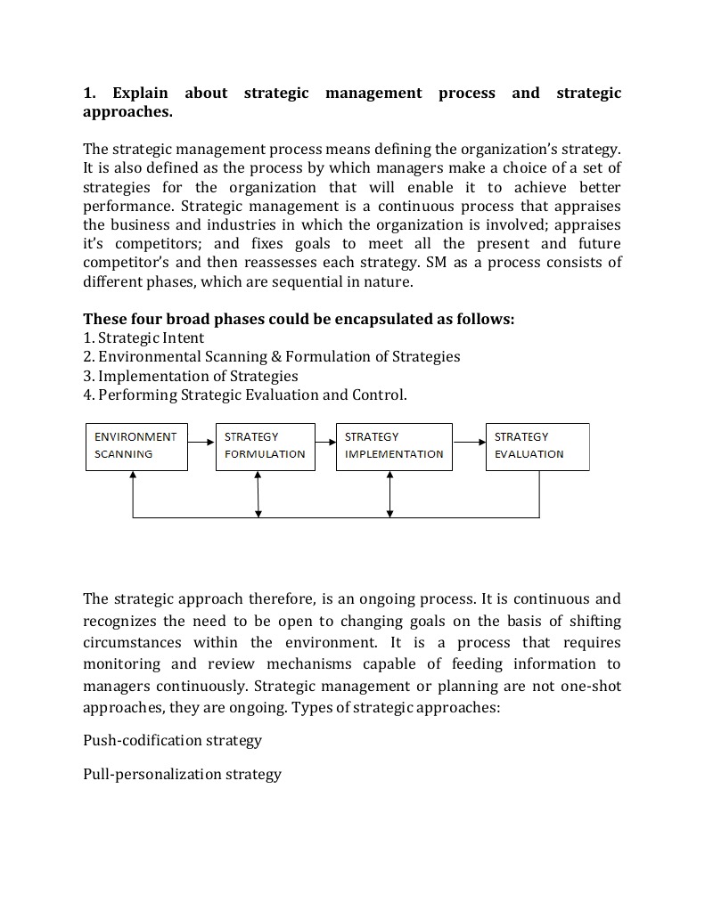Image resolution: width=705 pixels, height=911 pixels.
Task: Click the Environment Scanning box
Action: (x=136, y=446)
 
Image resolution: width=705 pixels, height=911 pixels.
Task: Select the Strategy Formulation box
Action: (x=265, y=446)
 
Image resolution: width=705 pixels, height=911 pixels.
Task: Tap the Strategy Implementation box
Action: (x=394, y=446)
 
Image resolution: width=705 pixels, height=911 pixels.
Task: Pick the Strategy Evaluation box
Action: (x=537, y=446)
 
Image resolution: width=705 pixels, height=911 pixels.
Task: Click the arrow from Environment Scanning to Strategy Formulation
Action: (x=202, y=440)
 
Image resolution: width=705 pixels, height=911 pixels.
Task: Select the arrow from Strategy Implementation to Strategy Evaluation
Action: (x=469, y=440)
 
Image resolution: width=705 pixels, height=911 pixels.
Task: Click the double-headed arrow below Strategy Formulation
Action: (x=258, y=493)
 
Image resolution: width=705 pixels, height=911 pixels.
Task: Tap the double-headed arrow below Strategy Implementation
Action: (x=390, y=493)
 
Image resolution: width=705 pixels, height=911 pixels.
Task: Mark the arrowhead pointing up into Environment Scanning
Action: (x=133, y=476)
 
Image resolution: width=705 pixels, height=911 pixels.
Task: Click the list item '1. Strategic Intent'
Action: (x=143, y=338)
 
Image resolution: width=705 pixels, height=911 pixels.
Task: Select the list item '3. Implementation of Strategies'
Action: (x=190, y=376)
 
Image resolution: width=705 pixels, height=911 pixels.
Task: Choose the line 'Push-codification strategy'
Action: (x=172, y=740)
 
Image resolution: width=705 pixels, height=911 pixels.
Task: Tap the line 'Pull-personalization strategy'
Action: (x=182, y=774)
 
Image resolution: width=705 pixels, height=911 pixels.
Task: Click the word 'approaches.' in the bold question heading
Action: (x=127, y=112)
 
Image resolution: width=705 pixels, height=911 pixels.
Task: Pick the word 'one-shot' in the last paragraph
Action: (x=591, y=686)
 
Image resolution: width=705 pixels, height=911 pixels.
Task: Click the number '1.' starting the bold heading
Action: (x=89, y=93)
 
